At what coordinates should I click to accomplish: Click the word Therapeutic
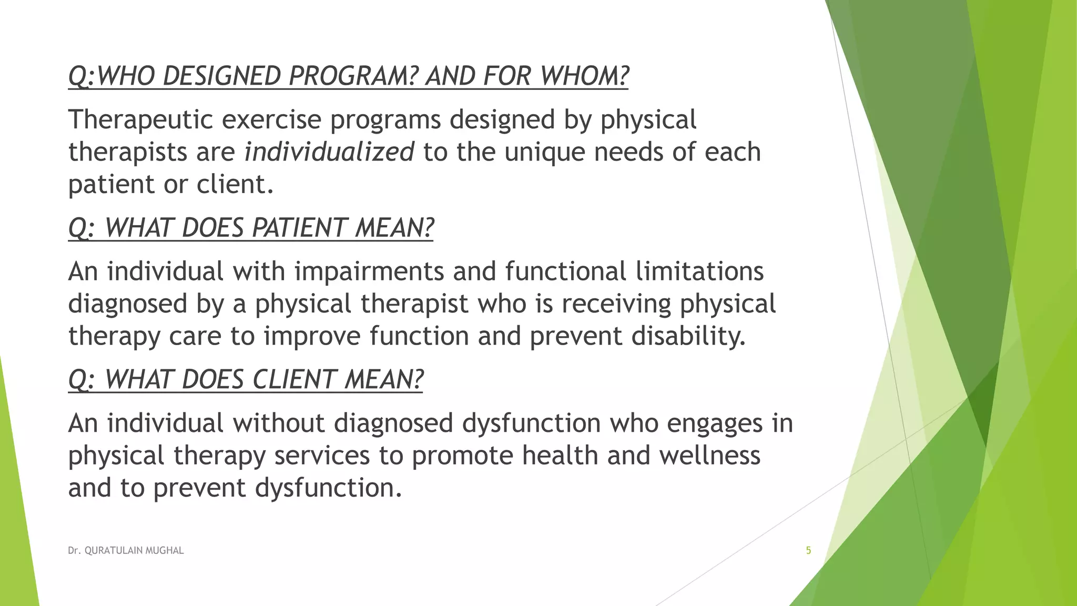tap(140, 120)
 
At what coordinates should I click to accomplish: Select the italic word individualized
tap(329, 153)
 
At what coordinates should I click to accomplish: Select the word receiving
tap(616, 305)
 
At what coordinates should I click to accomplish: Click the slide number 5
tap(808, 551)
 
